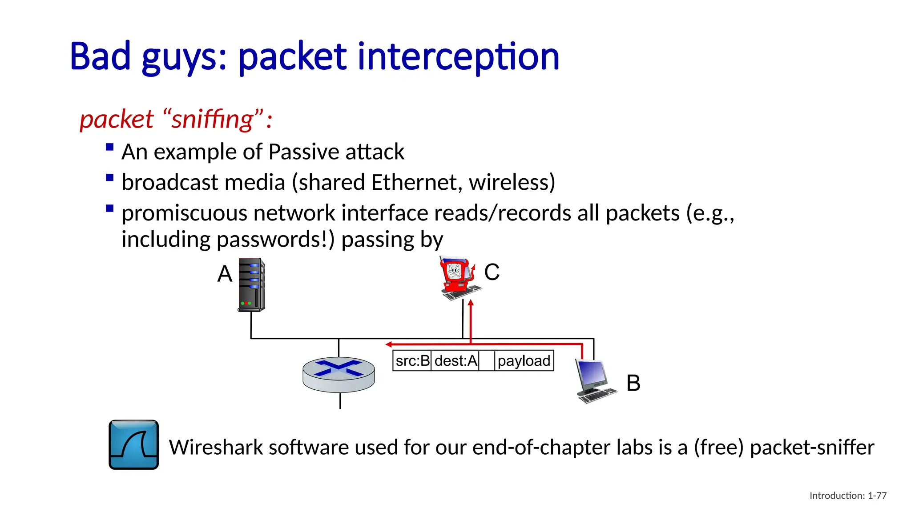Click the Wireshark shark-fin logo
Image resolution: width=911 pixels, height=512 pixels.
coord(133,444)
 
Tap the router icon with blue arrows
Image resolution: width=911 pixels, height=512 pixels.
coord(339,374)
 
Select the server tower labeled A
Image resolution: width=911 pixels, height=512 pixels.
coord(252,284)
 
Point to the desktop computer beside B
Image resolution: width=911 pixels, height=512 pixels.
coord(595,380)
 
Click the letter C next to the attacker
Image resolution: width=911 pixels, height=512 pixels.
coord(492,272)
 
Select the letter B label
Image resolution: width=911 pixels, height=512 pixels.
coord(633,383)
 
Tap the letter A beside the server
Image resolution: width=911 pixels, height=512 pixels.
coord(225,274)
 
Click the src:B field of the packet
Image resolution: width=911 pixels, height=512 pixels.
coord(412,360)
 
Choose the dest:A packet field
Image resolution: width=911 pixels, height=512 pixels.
coord(455,360)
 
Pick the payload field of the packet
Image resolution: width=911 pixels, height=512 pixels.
coord(524,360)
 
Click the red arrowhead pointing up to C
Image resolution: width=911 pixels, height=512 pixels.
coord(471,303)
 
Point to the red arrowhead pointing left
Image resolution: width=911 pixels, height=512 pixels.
coord(389,344)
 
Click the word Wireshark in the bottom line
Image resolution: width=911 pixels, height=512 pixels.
coord(215,447)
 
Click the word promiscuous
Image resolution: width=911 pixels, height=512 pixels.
coord(184,213)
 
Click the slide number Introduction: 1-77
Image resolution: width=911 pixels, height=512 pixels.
coord(848,496)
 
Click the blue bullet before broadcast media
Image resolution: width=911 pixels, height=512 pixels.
coord(110,178)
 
